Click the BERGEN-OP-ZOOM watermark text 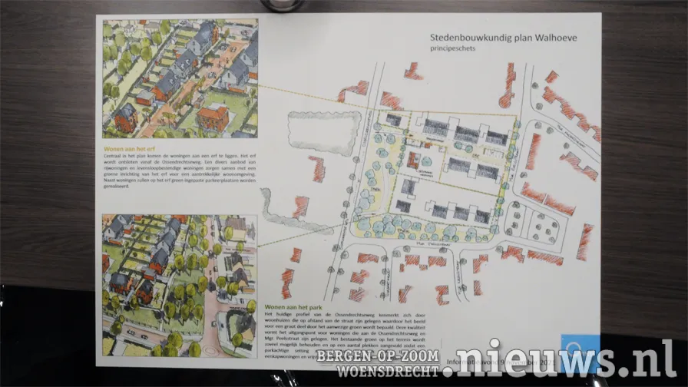(x=389, y=357)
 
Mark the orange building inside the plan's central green (x=415, y=160)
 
